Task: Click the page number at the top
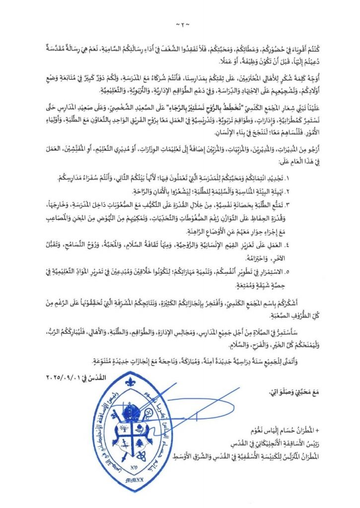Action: (x=180, y=23)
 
